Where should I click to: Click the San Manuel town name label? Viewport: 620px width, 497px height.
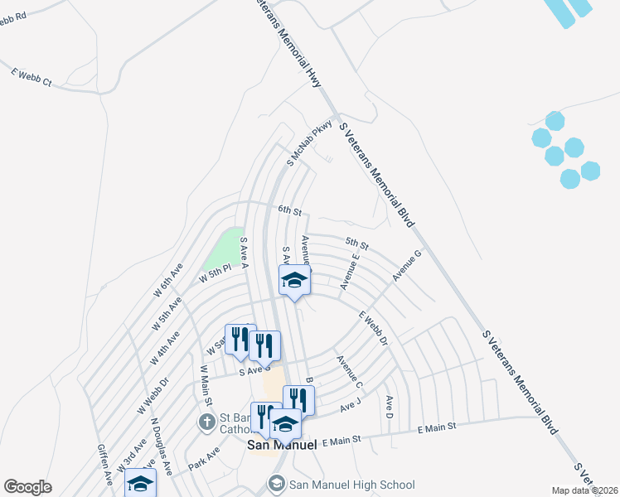pyautogui.click(x=282, y=445)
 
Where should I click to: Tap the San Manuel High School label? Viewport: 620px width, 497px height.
pyautogui.click(x=351, y=485)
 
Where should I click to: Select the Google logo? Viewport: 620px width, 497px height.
pyautogui.click(x=27, y=487)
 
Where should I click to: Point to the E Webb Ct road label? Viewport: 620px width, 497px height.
pyautogui.click(x=31, y=78)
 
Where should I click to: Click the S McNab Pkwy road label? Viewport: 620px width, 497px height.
pyautogui.click(x=309, y=143)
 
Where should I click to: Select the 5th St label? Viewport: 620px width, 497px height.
pyautogui.click(x=356, y=244)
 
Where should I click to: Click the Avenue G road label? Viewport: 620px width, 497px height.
pyautogui.click(x=407, y=264)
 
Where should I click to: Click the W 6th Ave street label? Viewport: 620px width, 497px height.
pyautogui.click(x=167, y=282)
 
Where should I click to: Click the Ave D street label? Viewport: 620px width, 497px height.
pyautogui.click(x=389, y=406)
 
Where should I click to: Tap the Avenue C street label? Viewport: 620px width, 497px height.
pyautogui.click(x=349, y=372)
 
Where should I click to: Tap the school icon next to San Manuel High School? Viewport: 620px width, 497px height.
pyautogui.click(x=277, y=484)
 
